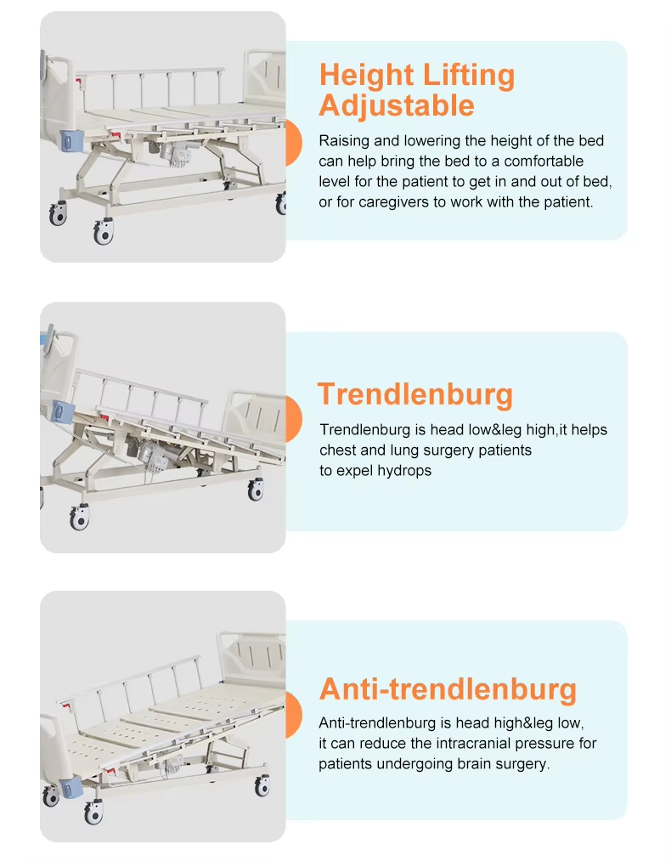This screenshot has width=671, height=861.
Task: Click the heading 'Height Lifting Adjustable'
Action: point(416,90)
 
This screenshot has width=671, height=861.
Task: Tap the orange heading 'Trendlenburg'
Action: point(415,394)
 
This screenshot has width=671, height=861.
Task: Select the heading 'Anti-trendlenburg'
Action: point(448,688)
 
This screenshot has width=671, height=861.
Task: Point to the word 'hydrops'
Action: point(404,471)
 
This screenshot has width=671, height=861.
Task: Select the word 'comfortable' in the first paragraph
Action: point(541,161)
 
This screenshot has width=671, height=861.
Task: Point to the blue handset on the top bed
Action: point(68,137)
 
